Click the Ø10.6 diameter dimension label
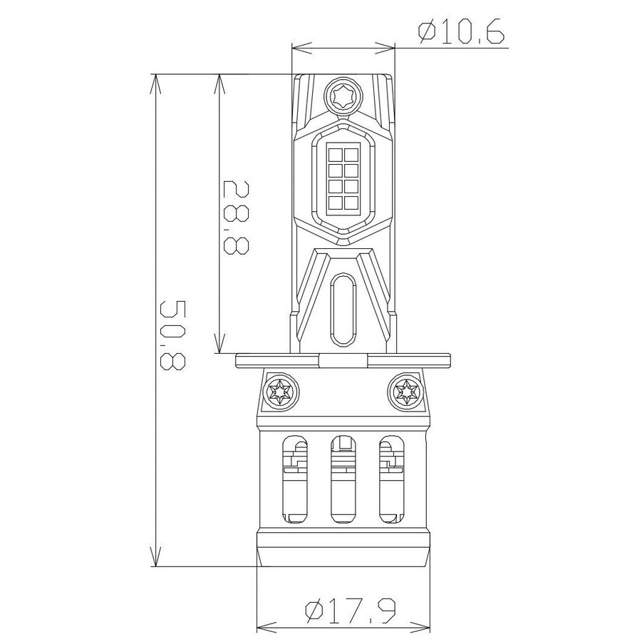(461, 32)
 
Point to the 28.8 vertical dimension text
(237, 218)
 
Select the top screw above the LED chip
(343, 95)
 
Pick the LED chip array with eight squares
(343, 179)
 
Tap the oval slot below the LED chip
(343, 310)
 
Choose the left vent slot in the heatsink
(296, 479)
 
